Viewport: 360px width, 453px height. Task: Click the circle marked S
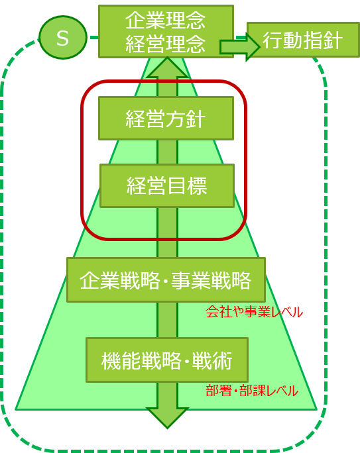[x=63, y=38]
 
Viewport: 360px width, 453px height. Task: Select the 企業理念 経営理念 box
[x=166, y=32]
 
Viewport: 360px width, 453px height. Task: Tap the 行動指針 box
[x=303, y=40]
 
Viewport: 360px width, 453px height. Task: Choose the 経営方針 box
[x=166, y=118]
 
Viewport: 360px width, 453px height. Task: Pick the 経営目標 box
[x=167, y=185]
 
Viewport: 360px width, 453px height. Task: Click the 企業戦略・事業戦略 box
[x=166, y=279]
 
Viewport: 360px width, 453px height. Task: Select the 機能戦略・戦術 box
[x=167, y=360]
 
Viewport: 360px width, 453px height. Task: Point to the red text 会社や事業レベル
[x=254, y=312]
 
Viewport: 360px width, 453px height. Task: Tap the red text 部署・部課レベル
[x=252, y=391]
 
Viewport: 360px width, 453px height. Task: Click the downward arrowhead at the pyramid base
[x=167, y=418]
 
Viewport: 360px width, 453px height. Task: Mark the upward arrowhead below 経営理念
[x=167, y=68]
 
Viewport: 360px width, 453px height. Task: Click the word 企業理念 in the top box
[x=165, y=21]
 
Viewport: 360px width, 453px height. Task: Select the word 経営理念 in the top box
[x=165, y=44]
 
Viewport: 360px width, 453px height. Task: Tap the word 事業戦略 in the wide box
[x=211, y=280]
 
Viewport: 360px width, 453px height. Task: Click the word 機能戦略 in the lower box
[x=141, y=360]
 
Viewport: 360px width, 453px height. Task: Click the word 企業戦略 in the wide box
[x=120, y=280]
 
